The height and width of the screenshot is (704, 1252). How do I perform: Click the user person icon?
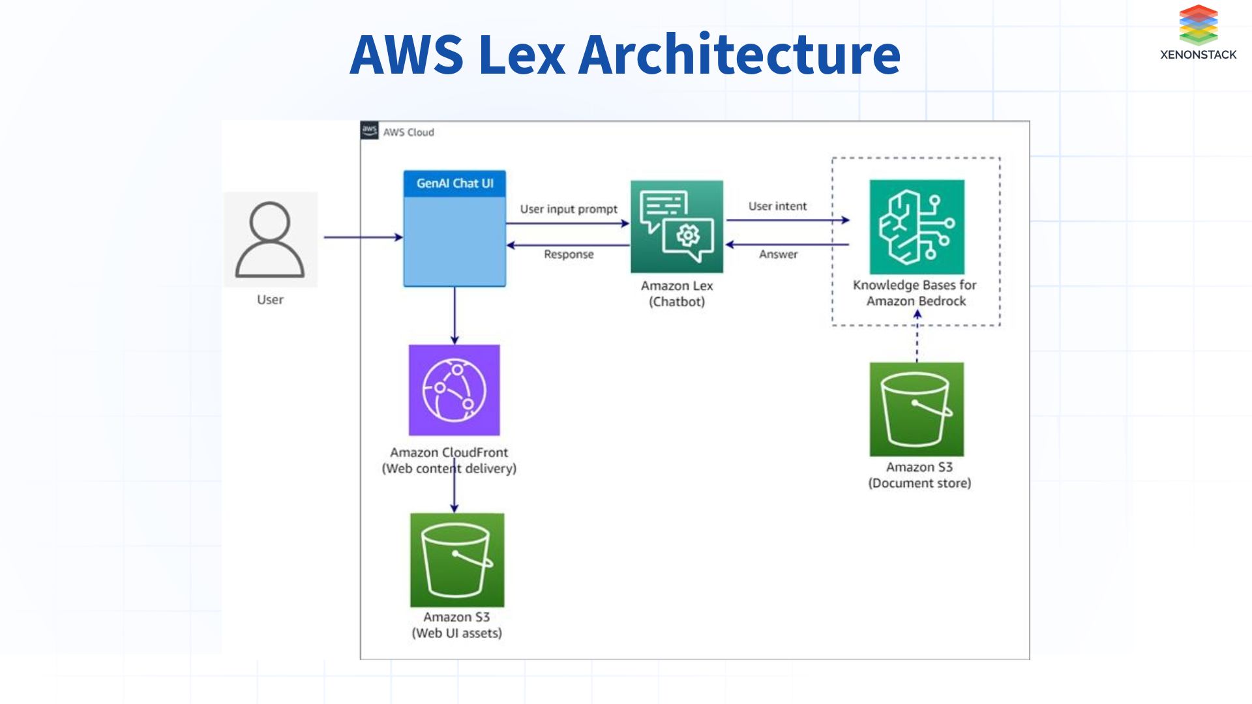pyautogui.click(x=270, y=239)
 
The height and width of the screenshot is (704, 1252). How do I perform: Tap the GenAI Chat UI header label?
pyautogui.click(x=455, y=184)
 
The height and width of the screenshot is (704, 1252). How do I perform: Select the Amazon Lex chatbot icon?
pyautogui.click(x=676, y=226)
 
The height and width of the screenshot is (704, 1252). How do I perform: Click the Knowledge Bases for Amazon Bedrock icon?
pyautogui.click(x=916, y=226)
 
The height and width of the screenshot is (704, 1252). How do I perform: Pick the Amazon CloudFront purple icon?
pyautogui.click(x=454, y=390)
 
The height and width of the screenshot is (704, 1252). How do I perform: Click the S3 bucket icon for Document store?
pyautogui.click(x=916, y=409)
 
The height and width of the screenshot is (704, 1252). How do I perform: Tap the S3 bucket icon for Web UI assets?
pyautogui.click(x=456, y=560)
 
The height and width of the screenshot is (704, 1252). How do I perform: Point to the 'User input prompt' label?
pyautogui.click(x=568, y=209)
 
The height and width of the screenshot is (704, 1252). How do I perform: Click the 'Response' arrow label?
pyautogui.click(x=569, y=254)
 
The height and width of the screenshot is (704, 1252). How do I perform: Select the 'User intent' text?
pyautogui.click(x=777, y=206)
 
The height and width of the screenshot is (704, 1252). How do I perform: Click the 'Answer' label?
pyautogui.click(x=778, y=254)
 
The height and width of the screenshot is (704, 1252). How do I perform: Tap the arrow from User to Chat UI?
pyautogui.click(x=363, y=237)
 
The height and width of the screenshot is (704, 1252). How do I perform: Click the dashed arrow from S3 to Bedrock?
pyautogui.click(x=917, y=339)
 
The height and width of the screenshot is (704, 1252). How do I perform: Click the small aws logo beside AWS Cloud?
pyautogui.click(x=369, y=130)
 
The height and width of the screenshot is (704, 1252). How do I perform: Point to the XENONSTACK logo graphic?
pyautogui.click(x=1198, y=25)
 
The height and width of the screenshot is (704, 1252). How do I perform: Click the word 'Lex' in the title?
pyautogui.click(x=521, y=54)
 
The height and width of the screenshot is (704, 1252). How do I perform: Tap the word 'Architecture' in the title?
pyautogui.click(x=739, y=54)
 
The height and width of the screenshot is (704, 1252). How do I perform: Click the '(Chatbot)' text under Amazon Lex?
pyautogui.click(x=676, y=302)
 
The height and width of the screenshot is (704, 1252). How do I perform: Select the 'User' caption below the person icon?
pyautogui.click(x=270, y=300)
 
